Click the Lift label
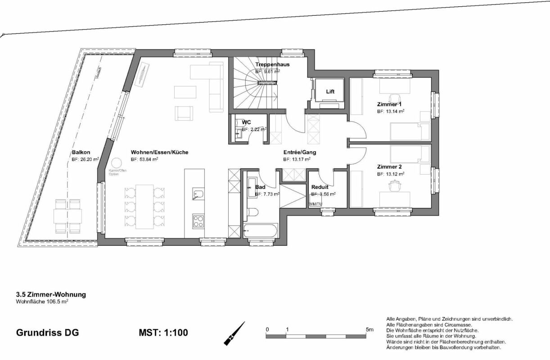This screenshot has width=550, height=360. click(x=330, y=91)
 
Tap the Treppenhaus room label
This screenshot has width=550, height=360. click(x=272, y=64)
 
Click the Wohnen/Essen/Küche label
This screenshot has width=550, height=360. click(x=159, y=152)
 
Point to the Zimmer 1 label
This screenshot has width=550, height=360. click(x=389, y=104)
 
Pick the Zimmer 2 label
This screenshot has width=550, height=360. click(x=389, y=166)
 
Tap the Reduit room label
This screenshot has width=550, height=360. click(x=320, y=187)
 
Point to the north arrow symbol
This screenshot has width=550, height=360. click(x=234, y=333)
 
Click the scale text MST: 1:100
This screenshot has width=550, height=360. click(x=163, y=333)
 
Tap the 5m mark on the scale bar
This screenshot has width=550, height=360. click(x=370, y=329)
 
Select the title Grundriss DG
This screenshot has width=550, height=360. click(x=47, y=333)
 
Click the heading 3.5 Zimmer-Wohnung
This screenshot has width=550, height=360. click(x=51, y=295)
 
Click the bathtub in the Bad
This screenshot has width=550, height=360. click(x=260, y=230)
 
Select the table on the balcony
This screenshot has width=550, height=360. click(x=68, y=216)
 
